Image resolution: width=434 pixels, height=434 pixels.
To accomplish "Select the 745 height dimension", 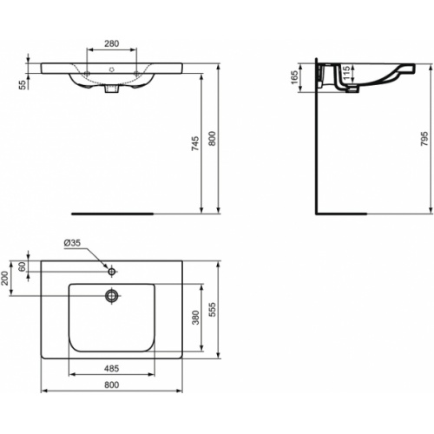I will pos(195,144).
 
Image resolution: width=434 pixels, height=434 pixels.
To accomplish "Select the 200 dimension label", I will pos(6,278).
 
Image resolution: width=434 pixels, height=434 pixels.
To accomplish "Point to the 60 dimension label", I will pos(23,267).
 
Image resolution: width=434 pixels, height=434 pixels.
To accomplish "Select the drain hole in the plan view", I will pos(111,295).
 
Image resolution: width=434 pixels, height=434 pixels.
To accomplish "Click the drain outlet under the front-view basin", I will pos(110,87).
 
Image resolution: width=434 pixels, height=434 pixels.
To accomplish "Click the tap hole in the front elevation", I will pos(111,68).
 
